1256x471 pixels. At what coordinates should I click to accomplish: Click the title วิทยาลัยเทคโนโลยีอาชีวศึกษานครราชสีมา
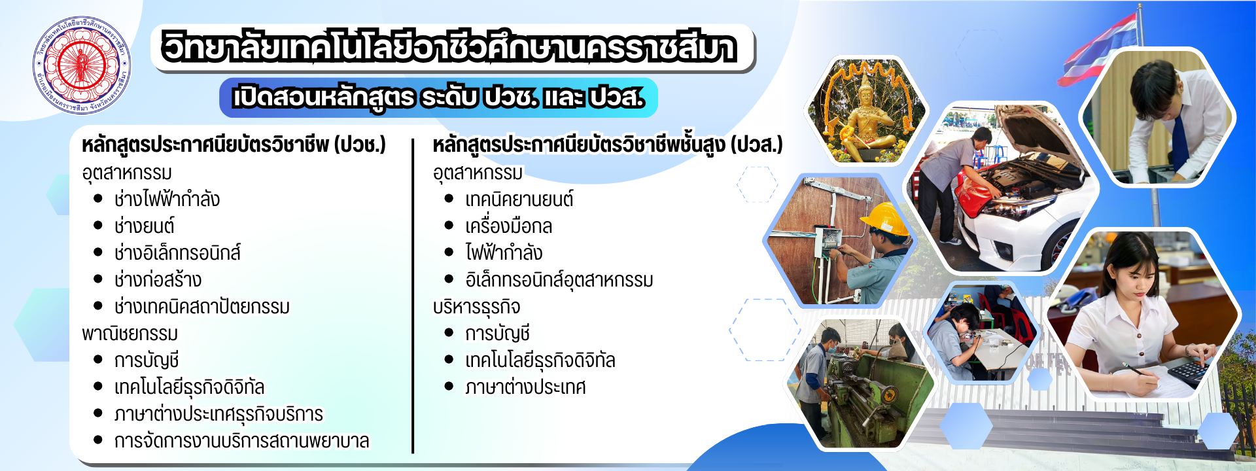tap(450, 48)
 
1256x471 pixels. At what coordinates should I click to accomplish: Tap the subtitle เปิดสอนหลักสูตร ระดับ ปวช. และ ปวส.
tap(438, 97)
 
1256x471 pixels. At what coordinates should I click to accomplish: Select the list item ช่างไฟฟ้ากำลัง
tap(167, 199)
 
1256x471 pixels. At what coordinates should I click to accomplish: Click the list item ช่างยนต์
tap(144, 226)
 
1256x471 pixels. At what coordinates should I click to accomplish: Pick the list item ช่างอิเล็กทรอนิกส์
tap(177, 253)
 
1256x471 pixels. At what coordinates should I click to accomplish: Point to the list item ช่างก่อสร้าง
tap(158, 279)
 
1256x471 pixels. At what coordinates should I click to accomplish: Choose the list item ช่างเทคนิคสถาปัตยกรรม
tap(201, 306)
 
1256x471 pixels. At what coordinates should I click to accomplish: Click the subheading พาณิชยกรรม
tap(130, 334)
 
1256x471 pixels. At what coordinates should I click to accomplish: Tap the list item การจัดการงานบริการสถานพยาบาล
tap(241, 441)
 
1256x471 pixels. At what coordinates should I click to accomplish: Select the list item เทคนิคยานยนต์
tap(519, 199)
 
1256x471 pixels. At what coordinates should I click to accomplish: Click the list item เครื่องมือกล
tap(508, 226)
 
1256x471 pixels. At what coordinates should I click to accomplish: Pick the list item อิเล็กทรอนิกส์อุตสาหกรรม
tap(559, 280)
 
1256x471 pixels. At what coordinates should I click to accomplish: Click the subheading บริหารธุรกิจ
tap(476, 307)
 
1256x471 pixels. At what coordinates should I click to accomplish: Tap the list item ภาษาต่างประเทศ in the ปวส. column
tap(525, 387)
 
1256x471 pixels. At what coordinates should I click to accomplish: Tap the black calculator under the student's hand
tap(1189, 372)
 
